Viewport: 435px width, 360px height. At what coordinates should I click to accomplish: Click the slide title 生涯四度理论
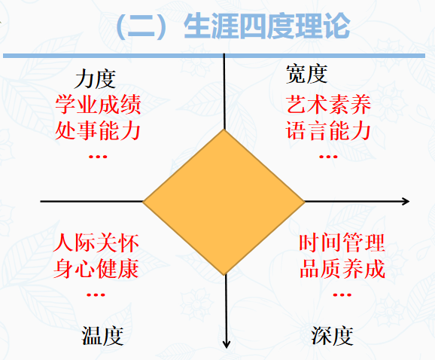tap(267, 26)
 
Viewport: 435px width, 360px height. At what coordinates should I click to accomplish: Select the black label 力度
tap(95, 79)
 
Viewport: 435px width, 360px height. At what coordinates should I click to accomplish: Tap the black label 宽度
tap(306, 74)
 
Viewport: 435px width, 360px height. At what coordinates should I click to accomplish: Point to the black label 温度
tap(102, 336)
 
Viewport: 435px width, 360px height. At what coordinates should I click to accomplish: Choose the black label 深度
tap(332, 336)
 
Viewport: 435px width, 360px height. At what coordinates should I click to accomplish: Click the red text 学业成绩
tap(98, 105)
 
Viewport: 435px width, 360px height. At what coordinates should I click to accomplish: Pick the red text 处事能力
tap(98, 130)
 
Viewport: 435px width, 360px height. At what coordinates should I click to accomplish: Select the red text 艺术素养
tap(328, 105)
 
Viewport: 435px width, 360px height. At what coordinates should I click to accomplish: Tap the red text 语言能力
tap(328, 130)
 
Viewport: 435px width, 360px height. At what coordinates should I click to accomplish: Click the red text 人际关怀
tap(96, 243)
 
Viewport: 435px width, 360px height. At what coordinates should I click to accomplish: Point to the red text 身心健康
tap(96, 269)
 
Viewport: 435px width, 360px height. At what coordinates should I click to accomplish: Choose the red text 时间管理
tap(342, 243)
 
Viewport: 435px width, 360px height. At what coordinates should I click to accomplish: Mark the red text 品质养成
tap(342, 269)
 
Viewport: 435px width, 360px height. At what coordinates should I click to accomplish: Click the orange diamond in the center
tap(224, 202)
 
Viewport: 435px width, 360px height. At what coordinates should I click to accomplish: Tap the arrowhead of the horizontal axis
tap(406, 201)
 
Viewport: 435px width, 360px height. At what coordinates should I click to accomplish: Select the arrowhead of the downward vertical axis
tap(227, 344)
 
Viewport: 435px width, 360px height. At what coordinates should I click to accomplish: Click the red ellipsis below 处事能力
tap(98, 157)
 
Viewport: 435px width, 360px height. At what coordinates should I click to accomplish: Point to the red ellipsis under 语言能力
tap(328, 157)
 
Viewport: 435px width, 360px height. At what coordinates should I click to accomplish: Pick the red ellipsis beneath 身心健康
tap(96, 294)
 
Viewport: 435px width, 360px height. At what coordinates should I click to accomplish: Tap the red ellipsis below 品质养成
tap(342, 294)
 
